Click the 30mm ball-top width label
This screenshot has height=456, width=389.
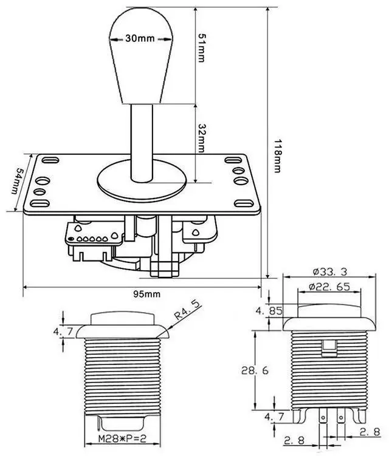coord(140,38)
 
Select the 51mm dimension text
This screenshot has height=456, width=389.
coord(201,48)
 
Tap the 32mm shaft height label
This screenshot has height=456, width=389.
coord(201,138)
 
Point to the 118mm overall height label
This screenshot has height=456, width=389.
coord(278,156)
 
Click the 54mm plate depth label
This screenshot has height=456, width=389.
coord(18,180)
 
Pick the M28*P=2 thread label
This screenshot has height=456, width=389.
coord(122,439)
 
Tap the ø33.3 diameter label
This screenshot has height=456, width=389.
coord(330,271)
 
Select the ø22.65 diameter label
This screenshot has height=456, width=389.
coord(329,287)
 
